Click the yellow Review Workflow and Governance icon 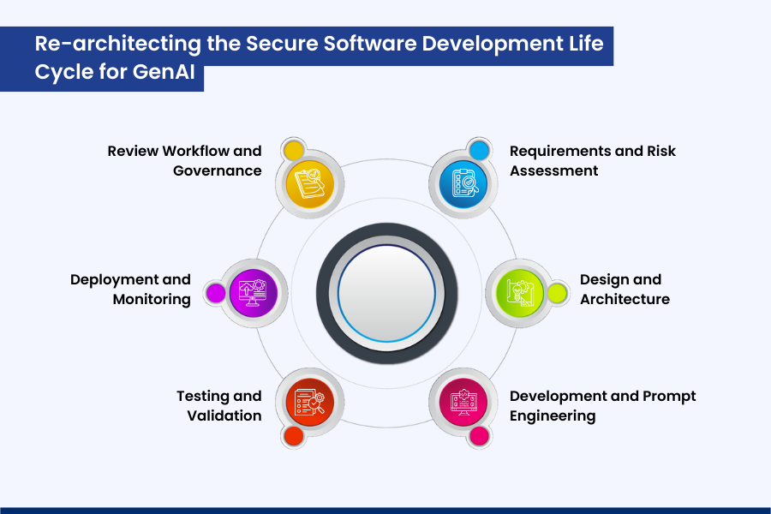[x=308, y=183]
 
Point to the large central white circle [x=385, y=292]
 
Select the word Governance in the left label [x=218, y=170]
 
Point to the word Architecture [x=625, y=299]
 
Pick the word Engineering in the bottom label [x=553, y=415]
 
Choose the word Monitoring [x=152, y=299]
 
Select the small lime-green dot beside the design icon [x=558, y=293]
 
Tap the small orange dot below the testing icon [x=294, y=435]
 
